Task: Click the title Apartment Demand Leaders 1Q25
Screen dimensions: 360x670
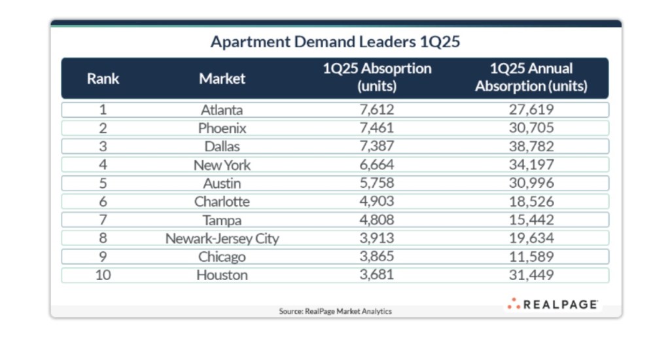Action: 335,42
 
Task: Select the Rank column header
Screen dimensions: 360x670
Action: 103,79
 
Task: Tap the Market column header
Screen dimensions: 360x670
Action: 222,79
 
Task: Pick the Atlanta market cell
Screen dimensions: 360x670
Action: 222,110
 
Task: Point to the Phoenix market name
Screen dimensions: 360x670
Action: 222,128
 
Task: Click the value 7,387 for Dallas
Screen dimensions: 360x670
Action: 376,147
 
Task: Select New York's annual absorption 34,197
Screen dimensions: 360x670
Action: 531,165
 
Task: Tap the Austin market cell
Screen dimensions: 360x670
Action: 222,183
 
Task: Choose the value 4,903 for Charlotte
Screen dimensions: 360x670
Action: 376,202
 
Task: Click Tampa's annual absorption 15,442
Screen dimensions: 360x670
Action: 531,220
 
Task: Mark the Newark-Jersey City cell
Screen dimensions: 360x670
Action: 222,238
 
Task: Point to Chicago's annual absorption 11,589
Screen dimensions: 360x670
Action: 531,257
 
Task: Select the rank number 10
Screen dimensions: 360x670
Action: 103,275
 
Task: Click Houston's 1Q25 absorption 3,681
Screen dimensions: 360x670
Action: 376,275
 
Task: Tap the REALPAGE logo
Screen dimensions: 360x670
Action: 552,304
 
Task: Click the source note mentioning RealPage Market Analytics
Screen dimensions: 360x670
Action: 335,312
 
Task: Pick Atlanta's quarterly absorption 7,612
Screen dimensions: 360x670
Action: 376,110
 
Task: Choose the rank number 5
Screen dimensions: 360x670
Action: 103,183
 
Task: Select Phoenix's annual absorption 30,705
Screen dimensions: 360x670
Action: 531,128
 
